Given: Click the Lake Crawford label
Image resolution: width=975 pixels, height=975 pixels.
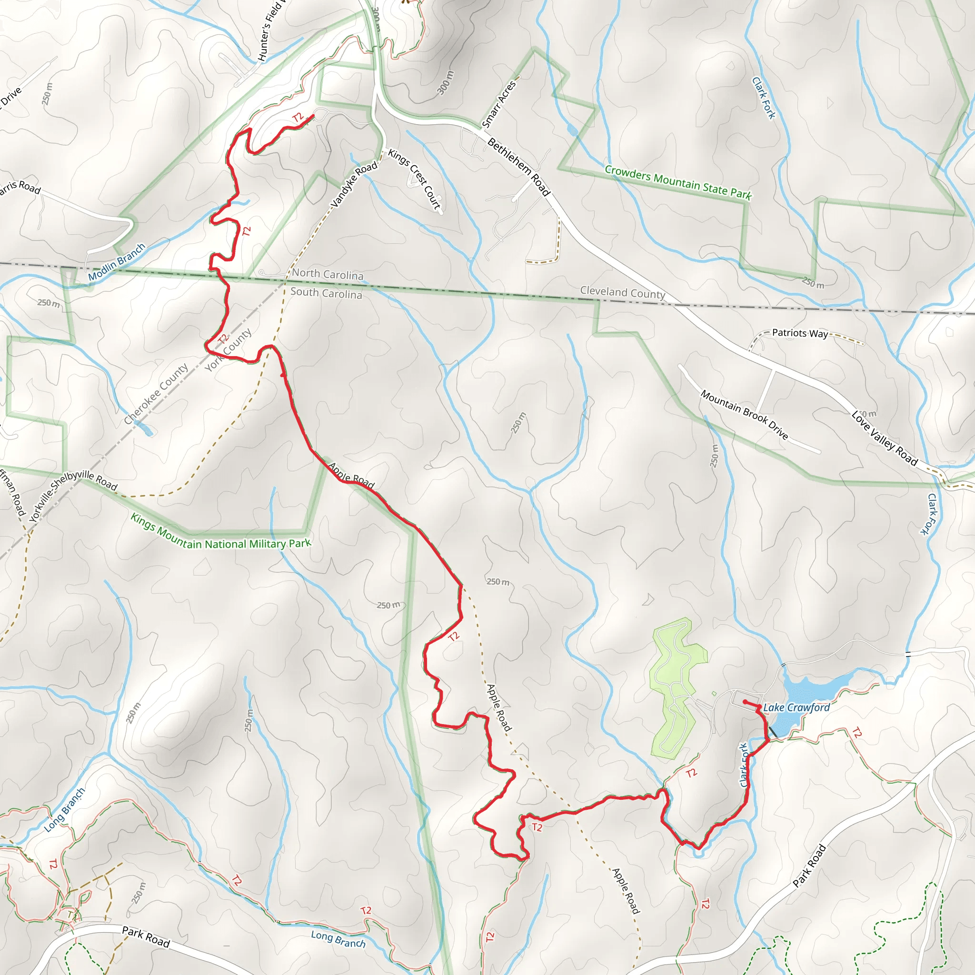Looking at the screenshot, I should (x=796, y=707).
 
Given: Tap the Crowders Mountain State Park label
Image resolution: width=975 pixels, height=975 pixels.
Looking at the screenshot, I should (x=678, y=182).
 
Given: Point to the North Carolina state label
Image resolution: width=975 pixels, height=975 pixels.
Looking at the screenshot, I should (x=328, y=274).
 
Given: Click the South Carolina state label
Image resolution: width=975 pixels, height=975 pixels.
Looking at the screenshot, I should (x=326, y=293).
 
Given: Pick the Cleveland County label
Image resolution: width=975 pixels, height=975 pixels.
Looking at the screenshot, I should (x=622, y=292).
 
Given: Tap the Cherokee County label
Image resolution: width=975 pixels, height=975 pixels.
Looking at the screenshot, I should (x=156, y=394).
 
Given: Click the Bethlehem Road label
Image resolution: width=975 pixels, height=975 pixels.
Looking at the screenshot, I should (x=518, y=167).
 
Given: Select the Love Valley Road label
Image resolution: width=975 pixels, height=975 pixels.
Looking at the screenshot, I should (x=884, y=438).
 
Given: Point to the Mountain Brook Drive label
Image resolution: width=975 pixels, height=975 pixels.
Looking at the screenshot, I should (x=744, y=415).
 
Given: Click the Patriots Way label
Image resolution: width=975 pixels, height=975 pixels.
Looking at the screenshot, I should (x=800, y=333).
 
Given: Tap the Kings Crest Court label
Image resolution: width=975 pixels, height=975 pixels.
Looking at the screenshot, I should (x=414, y=179).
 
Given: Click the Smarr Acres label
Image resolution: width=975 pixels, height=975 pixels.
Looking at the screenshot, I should (x=499, y=104).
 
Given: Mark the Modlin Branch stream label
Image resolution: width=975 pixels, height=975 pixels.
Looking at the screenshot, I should (x=117, y=261).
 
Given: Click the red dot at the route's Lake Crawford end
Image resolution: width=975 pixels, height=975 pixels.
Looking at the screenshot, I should (x=746, y=701).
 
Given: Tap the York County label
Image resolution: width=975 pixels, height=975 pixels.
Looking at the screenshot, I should (x=228, y=350).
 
